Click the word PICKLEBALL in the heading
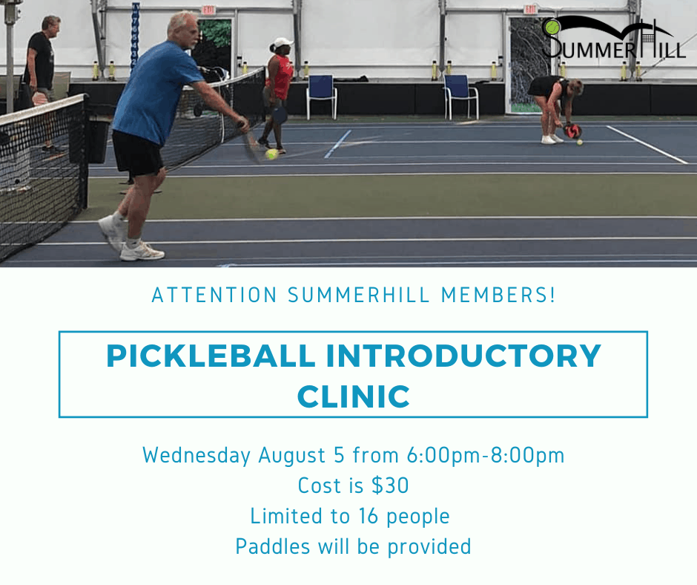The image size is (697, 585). pos(211,356)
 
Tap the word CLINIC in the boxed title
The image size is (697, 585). pos(354,396)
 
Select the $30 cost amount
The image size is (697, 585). pos(390,486)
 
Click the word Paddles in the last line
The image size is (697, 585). pos(272,546)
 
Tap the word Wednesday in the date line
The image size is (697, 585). pos(196,455)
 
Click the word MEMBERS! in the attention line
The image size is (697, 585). pos(498,295)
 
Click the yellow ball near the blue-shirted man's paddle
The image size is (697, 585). pos(271,154)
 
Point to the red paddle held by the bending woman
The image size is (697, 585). pos(572,131)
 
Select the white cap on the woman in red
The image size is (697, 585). pos(283,43)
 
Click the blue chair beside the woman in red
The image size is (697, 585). pos(321,95)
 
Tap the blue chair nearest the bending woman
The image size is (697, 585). pos(461,97)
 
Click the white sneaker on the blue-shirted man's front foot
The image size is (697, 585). pos(142,251)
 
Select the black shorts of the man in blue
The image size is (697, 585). pos(137,154)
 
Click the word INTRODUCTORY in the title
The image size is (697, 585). pos(463,356)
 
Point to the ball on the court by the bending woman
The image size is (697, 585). pos(580,143)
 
